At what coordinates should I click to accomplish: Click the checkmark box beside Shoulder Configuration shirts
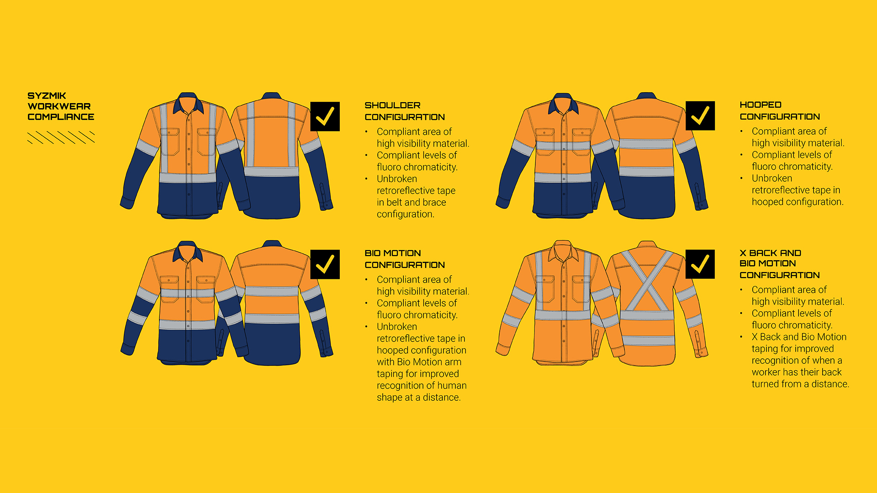325,116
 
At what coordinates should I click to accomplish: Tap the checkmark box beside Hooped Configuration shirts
700,116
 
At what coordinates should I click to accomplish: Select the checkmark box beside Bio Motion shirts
325,264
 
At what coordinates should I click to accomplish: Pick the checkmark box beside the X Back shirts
700,264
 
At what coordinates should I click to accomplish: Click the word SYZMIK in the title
47,96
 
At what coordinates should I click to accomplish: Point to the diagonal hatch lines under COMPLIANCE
61,137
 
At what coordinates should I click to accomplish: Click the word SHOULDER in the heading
392,105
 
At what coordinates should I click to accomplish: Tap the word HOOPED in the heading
760,105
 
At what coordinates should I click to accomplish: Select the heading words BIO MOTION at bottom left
392,253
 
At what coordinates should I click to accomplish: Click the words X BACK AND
770,253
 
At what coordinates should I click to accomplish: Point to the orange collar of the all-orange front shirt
563,251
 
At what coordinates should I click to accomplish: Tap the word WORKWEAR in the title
59,106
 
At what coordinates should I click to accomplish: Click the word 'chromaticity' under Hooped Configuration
806,167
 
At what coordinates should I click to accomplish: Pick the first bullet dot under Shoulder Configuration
366,132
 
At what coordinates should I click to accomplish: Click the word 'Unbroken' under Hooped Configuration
772,178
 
